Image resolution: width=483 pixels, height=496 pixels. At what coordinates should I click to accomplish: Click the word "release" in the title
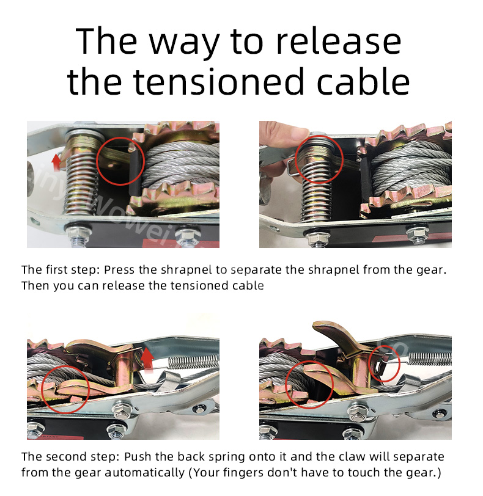pyautogui.click(x=339, y=42)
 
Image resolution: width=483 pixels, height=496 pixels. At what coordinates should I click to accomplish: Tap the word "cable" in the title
pyautogui.click(x=363, y=82)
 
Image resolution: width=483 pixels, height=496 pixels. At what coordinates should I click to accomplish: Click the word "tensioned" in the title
pyautogui.click(x=219, y=82)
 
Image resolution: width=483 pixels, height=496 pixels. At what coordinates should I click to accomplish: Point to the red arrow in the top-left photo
pyautogui.click(x=56, y=162)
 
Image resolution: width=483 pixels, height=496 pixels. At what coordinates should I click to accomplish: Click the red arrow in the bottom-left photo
pyautogui.click(x=147, y=360)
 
